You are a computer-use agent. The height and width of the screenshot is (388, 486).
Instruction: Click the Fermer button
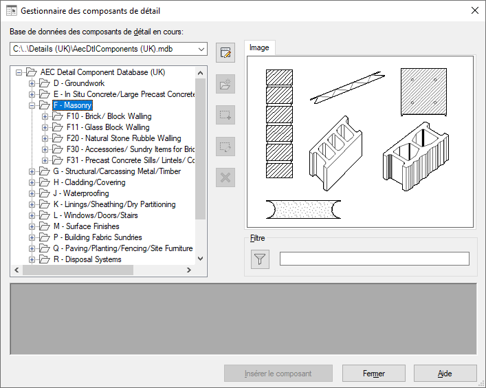coord(373,374)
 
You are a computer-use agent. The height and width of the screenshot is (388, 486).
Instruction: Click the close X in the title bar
coord(474,10)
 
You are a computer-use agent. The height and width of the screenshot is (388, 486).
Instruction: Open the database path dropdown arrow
coord(201,49)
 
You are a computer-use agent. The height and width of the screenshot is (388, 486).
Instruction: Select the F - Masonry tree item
coord(73,105)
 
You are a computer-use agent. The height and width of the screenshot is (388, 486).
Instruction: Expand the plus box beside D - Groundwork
coord(32,83)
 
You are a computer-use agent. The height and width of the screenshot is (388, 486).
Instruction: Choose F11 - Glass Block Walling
coord(108,127)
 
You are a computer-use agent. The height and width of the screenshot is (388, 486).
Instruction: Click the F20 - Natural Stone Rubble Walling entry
coord(124,138)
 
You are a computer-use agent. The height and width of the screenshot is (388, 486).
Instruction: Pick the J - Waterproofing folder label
coord(81,193)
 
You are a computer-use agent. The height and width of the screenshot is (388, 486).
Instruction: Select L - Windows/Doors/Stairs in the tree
coord(96,215)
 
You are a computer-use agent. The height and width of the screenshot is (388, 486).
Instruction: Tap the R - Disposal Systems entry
coord(87,259)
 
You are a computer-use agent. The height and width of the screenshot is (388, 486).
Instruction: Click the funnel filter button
coord(260,259)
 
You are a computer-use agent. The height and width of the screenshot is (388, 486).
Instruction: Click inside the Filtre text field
coord(375,259)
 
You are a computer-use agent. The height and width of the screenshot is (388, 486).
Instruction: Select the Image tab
coord(259,47)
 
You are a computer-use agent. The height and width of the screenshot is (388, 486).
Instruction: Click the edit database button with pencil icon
coord(225,52)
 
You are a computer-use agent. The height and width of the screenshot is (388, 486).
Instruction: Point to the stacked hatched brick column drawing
coord(279,124)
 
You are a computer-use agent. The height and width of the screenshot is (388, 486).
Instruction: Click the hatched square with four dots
coord(423,91)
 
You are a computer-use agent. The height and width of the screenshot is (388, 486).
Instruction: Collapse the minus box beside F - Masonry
coord(32,105)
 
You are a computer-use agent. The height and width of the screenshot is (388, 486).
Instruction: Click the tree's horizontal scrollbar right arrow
coord(189,270)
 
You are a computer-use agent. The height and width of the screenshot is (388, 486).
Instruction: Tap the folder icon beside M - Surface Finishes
coord(44,226)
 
